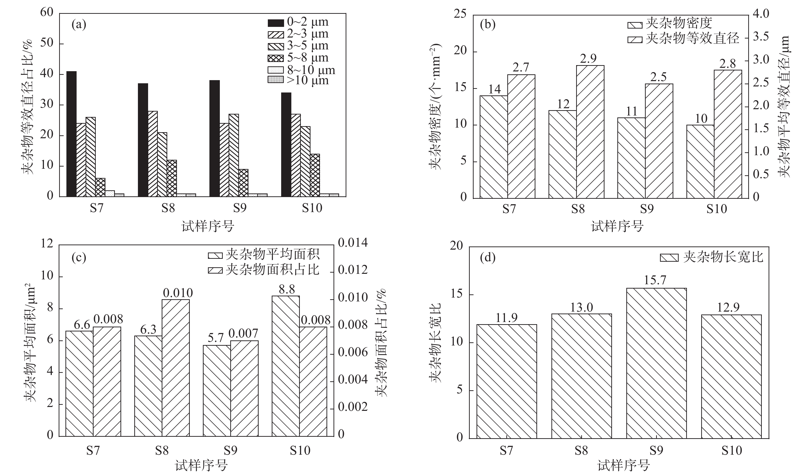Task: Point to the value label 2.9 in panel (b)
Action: [588, 59]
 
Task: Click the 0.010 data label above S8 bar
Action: [178, 293]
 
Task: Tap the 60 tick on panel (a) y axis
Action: [47, 13]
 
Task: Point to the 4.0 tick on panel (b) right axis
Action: [761, 14]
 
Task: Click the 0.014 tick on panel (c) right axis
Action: [353, 243]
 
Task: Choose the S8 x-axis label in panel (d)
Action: [581, 451]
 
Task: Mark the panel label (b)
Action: [488, 24]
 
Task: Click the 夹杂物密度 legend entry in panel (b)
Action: [670, 23]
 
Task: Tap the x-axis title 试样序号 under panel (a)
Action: [207, 227]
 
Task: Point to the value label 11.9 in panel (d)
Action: [507, 318]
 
